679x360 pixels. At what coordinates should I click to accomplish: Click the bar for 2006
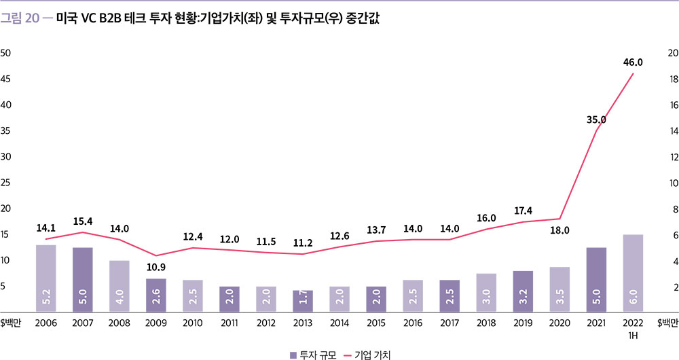(46, 278)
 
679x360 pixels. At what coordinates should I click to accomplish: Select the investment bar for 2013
(303, 301)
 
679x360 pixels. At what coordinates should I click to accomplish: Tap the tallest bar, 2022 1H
(633, 273)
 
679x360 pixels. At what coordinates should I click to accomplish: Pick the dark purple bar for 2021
(596, 279)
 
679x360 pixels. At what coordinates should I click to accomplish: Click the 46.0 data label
(633, 62)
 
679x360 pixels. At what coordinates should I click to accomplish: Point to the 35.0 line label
(596, 120)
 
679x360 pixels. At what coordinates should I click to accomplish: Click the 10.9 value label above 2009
(156, 268)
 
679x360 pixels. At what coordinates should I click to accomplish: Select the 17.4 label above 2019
(523, 211)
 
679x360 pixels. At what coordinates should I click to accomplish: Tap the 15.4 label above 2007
(83, 221)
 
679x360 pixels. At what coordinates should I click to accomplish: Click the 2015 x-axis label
(376, 323)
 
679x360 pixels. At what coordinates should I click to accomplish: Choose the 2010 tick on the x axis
(193, 323)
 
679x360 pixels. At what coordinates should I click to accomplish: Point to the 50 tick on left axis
(5, 53)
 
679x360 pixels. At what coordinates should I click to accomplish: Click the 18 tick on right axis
(674, 79)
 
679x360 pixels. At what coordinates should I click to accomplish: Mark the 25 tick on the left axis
(5, 183)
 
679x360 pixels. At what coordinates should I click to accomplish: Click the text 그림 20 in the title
(20, 18)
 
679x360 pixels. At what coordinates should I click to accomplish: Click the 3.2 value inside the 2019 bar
(523, 298)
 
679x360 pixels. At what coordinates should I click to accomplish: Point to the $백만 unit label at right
(667, 323)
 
